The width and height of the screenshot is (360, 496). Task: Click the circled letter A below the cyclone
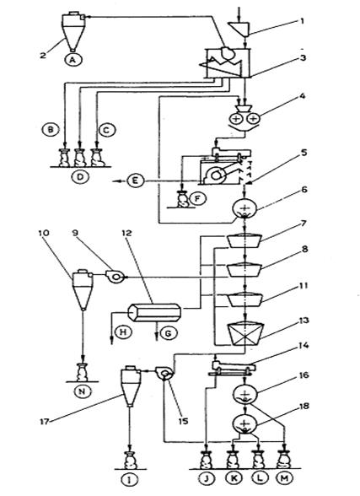pyautogui.click(x=73, y=59)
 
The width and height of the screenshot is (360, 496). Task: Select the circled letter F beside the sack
pyautogui.click(x=198, y=198)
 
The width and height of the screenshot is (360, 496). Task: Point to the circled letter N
pyautogui.click(x=82, y=391)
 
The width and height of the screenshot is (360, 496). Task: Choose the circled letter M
pyautogui.click(x=284, y=478)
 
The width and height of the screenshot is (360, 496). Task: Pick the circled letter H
pyautogui.click(x=122, y=332)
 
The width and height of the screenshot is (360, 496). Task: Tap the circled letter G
pyautogui.click(x=168, y=332)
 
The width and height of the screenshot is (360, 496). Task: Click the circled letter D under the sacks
pyautogui.click(x=81, y=177)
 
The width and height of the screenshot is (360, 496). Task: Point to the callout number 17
pyautogui.click(x=46, y=421)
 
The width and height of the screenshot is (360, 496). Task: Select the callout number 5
pyautogui.click(x=304, y=153)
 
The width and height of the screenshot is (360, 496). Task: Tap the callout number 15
pyautogui.click(x=182, y=421)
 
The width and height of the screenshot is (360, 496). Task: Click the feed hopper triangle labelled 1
pyautogui.click(x=239, y=27)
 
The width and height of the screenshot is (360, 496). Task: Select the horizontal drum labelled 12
pyautogui.click(x=154, y=312)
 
